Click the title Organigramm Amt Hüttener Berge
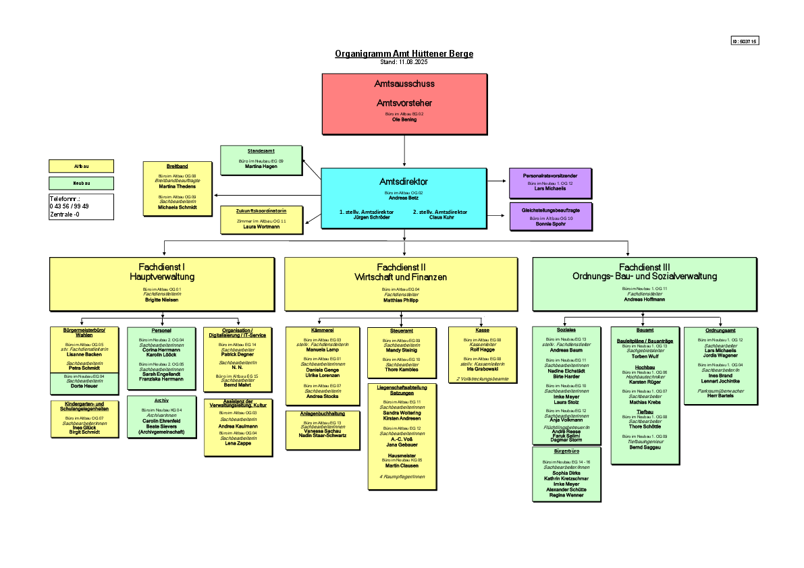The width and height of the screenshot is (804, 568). coord(404,54)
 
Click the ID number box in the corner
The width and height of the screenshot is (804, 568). coord(745,41)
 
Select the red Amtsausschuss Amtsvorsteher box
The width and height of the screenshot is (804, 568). coord(404,103)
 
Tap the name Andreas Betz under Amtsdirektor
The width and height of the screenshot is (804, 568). coord(404,198)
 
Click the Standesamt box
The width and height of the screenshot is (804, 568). coord(261,160)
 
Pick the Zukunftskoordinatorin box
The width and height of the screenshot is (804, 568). coord(261,220)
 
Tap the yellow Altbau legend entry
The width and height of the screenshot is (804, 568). coord(82,166)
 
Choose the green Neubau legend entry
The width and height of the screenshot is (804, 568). coord(82,183)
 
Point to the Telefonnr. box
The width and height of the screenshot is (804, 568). coord(82,206)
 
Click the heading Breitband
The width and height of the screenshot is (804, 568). coord(177,166)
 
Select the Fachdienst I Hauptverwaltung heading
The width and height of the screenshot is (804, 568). coord(162,272)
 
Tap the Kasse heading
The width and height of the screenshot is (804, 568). coord(482,331)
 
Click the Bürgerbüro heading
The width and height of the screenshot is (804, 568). coord(566,450)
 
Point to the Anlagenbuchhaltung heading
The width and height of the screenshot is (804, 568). coord(323,413)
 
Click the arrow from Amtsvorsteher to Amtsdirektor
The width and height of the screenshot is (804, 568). coord(404,150)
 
